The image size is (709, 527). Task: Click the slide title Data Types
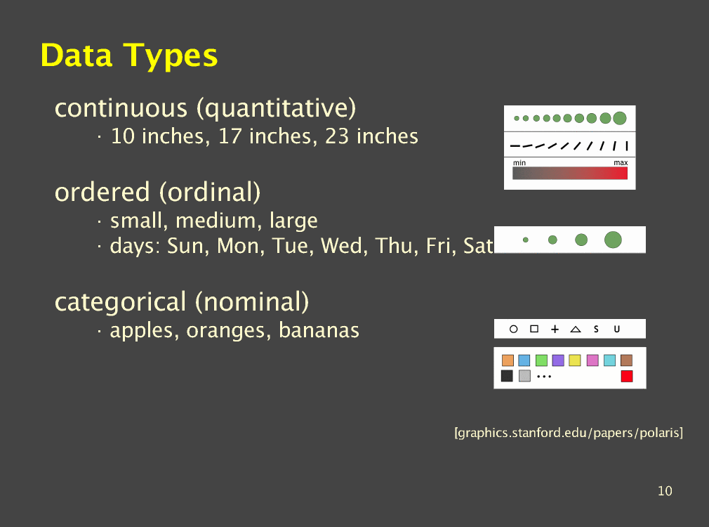[x=129, y=56]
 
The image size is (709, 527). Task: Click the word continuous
[x=121, y=108]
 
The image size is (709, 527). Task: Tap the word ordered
[x=102, y=192]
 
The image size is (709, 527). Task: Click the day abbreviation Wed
[x=343, y=246]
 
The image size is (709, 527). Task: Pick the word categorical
[x=120, y=302]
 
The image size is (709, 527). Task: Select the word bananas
[x=319, y=330]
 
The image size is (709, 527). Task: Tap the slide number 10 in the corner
[x=665, y=490]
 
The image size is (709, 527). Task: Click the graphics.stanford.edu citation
[x=569, y=433]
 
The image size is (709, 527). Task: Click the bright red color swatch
[x=627, y=376]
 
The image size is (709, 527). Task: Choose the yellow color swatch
[x=575, y=360]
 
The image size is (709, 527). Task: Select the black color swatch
[x=507, y=376]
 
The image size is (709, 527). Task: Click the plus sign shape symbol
[x=555, y=329]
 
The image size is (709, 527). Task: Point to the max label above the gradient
[x=621, y=162]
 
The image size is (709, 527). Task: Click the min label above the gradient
[x=519, y=162]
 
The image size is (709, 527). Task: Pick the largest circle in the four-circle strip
[x=613, y=240]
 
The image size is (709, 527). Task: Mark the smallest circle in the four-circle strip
[x=525, y=240]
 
